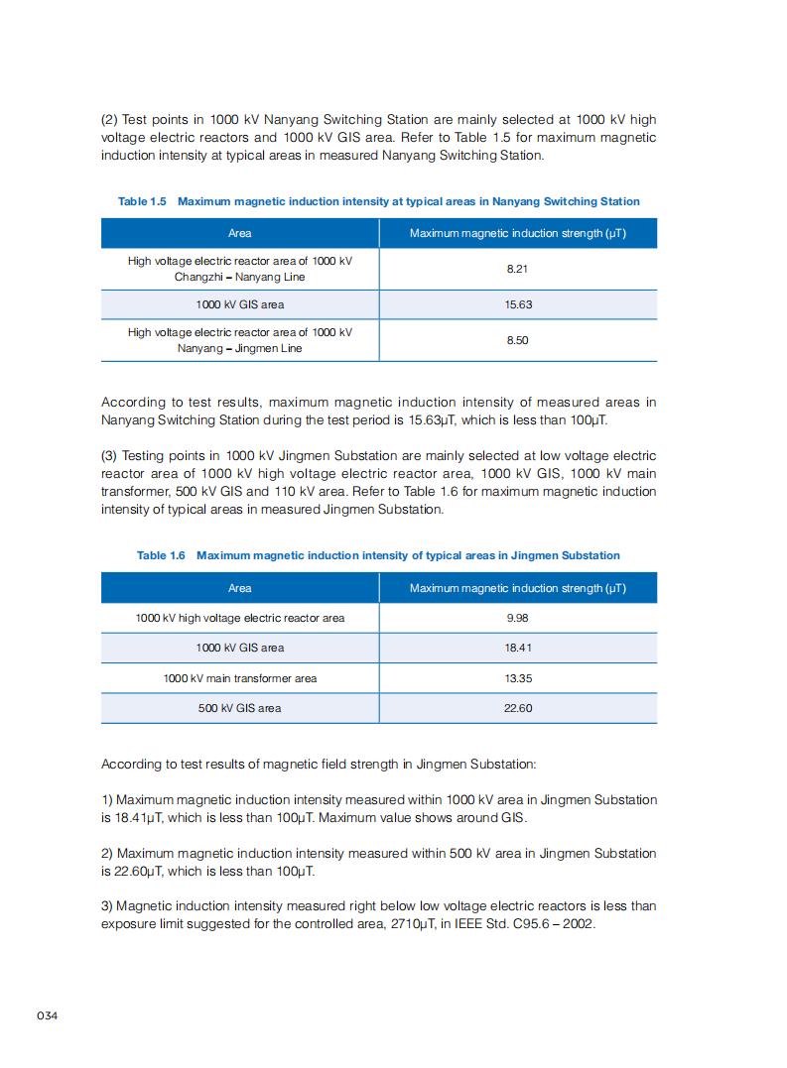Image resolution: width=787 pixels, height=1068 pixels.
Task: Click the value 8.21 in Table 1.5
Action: click(518, 269)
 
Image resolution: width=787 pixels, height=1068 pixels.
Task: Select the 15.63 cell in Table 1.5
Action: click(518, 304)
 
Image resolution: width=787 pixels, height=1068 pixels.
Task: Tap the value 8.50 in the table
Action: click(518, 340)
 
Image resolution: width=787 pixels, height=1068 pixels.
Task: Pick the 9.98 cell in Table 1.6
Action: click(518, 618)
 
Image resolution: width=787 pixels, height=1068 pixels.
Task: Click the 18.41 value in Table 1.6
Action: click(518, 648)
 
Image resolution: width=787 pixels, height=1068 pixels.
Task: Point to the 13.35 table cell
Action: click(518, 678)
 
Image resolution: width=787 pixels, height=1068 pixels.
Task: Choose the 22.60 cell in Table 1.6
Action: click(518, 708)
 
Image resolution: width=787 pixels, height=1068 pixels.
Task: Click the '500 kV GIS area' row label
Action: click(239, 708)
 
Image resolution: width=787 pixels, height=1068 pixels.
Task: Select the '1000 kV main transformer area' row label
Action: click(239, 678)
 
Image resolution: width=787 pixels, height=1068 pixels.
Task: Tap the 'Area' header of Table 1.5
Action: click(239, 233)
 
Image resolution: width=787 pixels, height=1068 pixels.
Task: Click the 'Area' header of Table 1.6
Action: click(239, 588)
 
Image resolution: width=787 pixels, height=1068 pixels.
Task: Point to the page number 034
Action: click(49, 1016)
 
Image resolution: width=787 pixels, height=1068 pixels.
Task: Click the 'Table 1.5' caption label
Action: click(142, 201)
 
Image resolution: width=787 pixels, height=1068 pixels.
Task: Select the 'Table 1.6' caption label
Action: click(161, 555)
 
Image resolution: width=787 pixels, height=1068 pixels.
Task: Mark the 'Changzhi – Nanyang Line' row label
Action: click(239, 277)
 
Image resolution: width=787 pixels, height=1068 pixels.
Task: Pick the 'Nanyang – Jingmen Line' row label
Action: click(239, 348)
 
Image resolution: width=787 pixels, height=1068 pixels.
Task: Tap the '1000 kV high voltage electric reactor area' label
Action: click(239, 618)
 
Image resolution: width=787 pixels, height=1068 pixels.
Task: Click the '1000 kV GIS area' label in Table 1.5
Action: click(239, 304)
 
